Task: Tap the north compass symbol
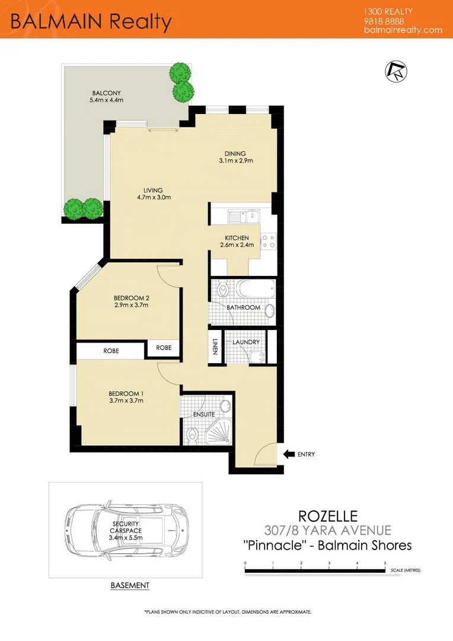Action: (x=396, y=71)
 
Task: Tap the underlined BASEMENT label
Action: (x=130, y=585)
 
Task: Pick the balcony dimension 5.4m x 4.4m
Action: (x=106, y=101)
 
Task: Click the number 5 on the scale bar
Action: (x=385, y=562)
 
